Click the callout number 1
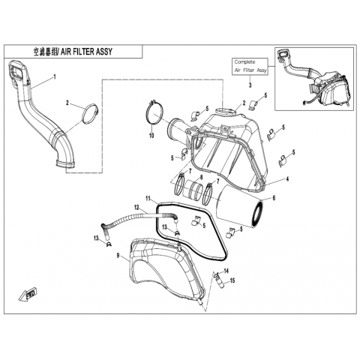coord(55,76)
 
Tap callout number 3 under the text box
coord(250,85)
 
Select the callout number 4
coord(287,179)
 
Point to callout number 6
coord(274,198)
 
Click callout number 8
coord(201,177)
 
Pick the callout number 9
coord(118,255)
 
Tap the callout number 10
coord(151,136)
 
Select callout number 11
coord(148,199)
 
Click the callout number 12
coord(136,207)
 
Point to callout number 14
coord(226,271)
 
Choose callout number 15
coord(232,280)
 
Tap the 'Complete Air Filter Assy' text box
coord(250,66)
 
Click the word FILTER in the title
coord(80,52)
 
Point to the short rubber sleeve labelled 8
coord(192,189)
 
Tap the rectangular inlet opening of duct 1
coord(16,70)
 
